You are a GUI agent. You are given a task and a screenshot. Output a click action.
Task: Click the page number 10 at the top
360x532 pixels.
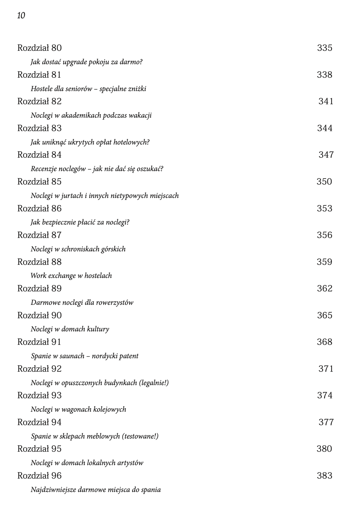21,15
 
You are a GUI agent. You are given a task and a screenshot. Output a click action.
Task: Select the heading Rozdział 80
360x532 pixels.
39,48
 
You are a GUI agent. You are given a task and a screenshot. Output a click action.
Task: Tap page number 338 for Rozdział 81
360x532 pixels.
324,75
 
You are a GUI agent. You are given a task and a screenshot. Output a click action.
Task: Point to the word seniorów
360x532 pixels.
81,89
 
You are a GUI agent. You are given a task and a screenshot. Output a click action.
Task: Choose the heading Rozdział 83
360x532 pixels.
39,128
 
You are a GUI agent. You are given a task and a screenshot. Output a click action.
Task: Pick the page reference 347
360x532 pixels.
326,155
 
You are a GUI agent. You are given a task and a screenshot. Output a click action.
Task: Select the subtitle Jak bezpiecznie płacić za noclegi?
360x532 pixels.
80,222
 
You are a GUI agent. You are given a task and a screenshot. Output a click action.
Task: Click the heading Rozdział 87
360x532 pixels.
39,235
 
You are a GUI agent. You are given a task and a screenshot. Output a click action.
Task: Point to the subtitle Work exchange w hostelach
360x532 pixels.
71,276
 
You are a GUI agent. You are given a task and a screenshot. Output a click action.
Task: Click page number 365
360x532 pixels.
325,315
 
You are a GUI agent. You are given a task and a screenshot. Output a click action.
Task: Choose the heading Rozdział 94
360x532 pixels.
39,422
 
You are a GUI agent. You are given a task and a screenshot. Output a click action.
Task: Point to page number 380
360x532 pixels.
324,449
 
